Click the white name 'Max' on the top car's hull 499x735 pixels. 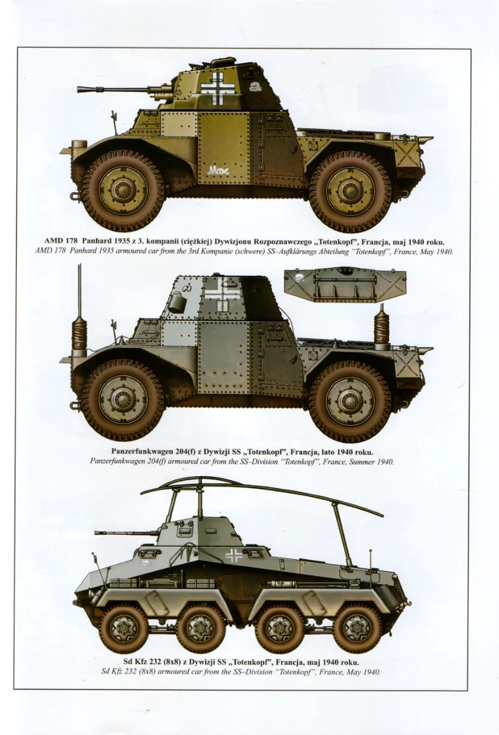click(218, 170)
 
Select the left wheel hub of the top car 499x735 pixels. click(122, 189)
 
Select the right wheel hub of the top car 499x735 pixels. click(351, 191)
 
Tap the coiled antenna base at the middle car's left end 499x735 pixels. click(80, 332)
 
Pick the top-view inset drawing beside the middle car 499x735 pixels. click(345, 285)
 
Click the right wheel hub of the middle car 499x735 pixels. click(351, 400)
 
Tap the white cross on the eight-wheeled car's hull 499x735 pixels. click(234, 556)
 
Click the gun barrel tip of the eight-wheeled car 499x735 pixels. click(97, 533)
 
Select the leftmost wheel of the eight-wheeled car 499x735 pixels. click(124, 628)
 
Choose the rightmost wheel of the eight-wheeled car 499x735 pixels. click(357, 628)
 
